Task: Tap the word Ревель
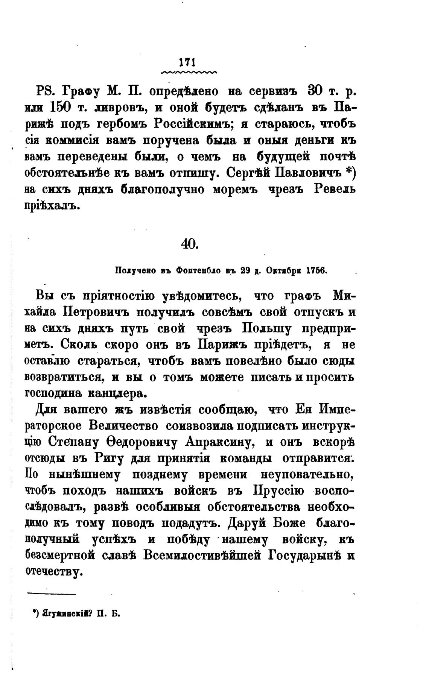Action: (334, 189)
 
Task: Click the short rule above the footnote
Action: (52, 594)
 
